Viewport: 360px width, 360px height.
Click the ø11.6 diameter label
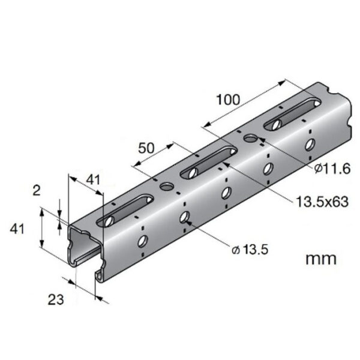coord(329,170)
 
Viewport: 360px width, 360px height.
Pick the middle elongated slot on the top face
coord(206,161)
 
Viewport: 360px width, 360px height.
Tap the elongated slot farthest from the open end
coord(289,115)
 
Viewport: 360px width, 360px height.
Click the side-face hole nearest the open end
coord(142,241)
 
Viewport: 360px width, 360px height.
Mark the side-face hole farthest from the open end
coord(310,144)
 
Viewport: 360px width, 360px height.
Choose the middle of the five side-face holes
coord(227,192)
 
